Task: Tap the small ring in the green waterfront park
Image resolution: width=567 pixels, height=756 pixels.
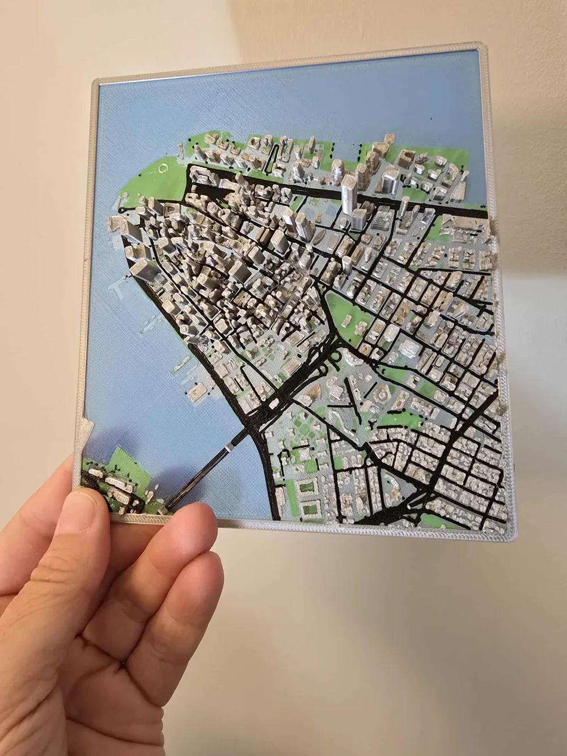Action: click(x=164, y=168)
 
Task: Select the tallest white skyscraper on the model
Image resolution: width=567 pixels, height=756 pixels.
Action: click(x=348, y=193)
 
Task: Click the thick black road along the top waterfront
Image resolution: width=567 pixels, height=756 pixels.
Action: click(x=340, y=198)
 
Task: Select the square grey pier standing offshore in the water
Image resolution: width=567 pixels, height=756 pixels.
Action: click(x=197, y=391)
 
